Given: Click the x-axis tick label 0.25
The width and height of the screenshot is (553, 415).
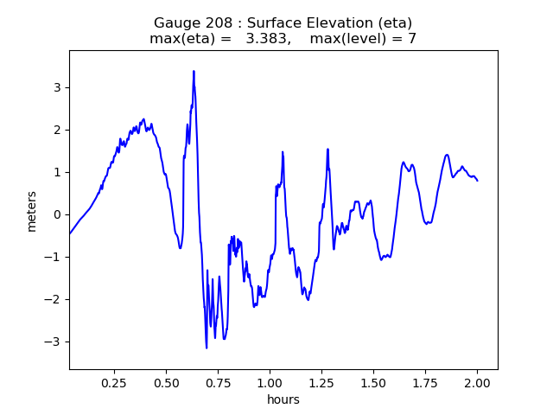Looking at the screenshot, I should (x=114, y=382).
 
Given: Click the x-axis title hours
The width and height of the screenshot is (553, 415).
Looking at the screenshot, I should (x=283, y=399).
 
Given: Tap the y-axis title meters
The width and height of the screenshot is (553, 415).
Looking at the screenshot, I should (x=32, y=211).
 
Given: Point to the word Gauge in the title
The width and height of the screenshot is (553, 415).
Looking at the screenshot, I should (x=176, y=23).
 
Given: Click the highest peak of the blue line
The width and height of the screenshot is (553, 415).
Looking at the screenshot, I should (x=194, y=71).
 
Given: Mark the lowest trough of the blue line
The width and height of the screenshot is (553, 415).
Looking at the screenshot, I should (x=207, y=348).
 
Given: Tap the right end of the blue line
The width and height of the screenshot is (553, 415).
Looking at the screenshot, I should (x=477, y=181).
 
